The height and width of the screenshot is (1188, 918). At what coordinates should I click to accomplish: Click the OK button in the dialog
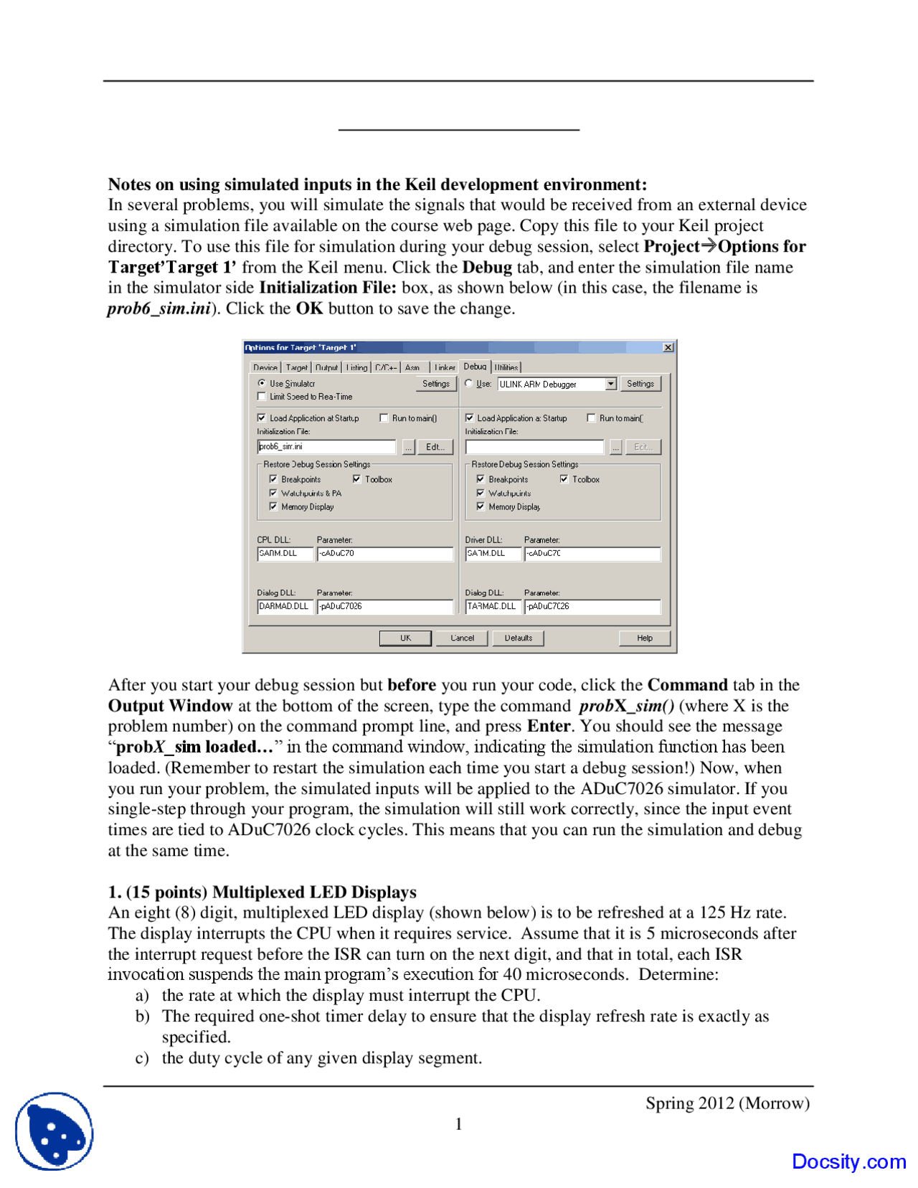pos(405,638)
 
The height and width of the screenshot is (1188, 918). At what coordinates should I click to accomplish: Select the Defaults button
pos(518,638)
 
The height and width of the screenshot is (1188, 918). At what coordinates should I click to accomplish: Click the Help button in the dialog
pos(644,638)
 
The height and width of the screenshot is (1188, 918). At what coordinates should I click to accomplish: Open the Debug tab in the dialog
pos(475,367)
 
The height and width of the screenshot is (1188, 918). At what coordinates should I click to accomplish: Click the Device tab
pos(265,367)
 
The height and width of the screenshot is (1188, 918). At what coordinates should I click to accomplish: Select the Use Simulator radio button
pos(262,384)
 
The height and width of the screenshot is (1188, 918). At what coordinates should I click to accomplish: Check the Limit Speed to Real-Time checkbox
pos(262,397)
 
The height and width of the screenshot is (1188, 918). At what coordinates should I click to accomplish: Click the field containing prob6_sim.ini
pos(326,447)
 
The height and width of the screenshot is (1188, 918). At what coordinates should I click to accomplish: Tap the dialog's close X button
pos(668,347)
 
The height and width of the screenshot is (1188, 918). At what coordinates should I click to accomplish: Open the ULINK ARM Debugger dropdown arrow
pos(610,384)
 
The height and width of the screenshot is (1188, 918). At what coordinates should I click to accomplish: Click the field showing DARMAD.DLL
pos(285,606)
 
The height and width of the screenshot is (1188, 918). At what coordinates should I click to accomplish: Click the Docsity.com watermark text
pos(848,1161)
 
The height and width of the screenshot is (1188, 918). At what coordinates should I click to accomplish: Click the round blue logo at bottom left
pos(55,1131)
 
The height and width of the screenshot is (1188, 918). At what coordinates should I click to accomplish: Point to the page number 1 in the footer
pos(459,1124)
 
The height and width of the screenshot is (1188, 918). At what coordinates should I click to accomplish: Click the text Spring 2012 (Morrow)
pos(727,1103)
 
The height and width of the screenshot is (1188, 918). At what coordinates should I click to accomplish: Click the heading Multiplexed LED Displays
pos(314,892)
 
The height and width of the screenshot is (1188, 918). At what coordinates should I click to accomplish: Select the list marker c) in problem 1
pos(142,1057)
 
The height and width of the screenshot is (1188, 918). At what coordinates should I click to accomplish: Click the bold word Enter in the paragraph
pos(549,726)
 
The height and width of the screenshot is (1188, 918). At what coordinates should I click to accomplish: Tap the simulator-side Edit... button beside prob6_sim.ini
pos(435,447)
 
